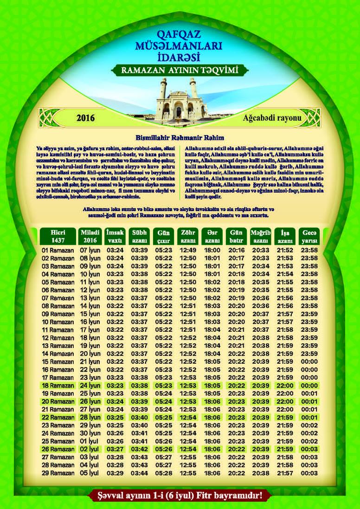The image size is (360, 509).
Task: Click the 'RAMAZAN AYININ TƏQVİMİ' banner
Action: pos(180,71)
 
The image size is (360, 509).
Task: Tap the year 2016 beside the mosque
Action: pos(85,118)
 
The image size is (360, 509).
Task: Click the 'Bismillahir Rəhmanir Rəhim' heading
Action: pos(180,138)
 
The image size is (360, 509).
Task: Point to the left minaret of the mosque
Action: pos(164,90)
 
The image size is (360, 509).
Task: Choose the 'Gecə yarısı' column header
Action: pos(309,236)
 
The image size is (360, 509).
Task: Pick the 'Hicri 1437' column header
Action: pos(51,236)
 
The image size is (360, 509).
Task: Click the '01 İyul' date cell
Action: pos(91,441)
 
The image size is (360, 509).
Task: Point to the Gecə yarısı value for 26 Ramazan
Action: pos(309,449)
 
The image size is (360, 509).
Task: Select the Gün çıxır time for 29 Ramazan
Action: pos(163,473)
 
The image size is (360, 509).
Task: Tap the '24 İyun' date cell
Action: pos(91,385)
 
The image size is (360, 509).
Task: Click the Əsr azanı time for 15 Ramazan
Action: pos(212,361)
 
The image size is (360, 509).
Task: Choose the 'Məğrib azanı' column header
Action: pos(260,236)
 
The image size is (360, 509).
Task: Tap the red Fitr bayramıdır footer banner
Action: pos(180,495)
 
